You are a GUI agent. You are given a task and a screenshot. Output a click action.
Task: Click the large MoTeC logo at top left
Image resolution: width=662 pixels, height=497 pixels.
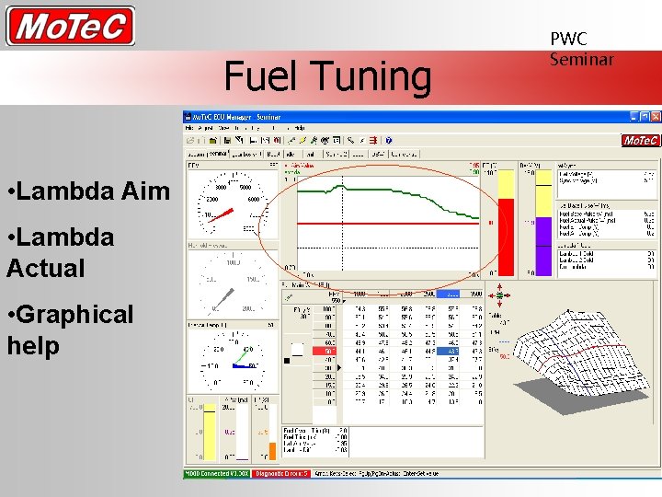click(70, 26)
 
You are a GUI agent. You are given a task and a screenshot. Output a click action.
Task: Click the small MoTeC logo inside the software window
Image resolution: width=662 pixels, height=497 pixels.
click(640, 141)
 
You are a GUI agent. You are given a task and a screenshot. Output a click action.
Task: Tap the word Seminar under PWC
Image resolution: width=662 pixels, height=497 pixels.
click(581, 60)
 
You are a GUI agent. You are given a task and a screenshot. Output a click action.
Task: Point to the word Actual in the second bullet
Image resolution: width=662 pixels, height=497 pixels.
click(46, 269)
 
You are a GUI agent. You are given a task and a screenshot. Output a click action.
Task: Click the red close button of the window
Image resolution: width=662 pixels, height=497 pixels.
click(656, 118)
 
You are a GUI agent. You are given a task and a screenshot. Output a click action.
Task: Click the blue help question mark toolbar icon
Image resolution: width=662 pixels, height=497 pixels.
click(388, 141)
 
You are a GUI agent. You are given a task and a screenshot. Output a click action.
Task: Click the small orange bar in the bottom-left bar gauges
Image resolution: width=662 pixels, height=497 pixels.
click(270, 451)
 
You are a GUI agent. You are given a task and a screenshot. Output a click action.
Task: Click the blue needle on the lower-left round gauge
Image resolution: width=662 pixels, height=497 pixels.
click(240, 365)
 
